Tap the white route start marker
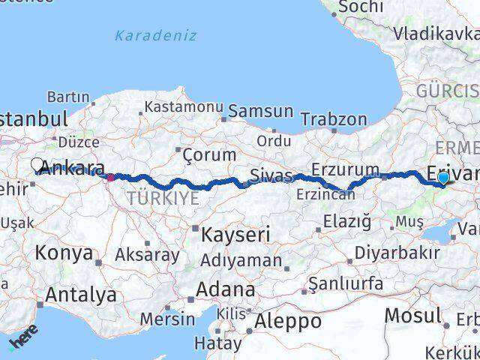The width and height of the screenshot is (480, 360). (37, 164)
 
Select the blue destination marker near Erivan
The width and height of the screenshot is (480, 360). (443, 178)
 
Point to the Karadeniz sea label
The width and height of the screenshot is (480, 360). (156, 35)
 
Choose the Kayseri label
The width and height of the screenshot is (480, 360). (235, 235)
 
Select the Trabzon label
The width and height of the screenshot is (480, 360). (334, 119)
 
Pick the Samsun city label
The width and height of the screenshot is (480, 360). (260, 111)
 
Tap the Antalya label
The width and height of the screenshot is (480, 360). (81, 295)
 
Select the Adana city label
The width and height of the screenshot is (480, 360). (225, 289)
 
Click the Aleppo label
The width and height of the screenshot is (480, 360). (288, 321)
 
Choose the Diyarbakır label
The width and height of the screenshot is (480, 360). (397, 253)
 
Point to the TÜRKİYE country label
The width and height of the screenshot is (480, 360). (163, 198)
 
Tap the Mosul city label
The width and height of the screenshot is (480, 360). (412, 315)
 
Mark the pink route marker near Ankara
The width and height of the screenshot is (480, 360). (110, 178)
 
